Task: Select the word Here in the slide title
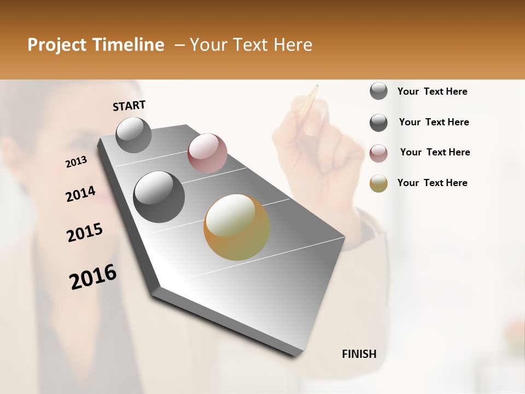(x=293, y=45)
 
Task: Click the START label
(x=129, y=106)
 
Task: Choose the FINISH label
(x=359, y=354)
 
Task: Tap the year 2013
(x=76, y=162)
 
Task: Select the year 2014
(x=80, y=194)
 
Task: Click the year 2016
(x=93, y=277)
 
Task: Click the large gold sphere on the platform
(x=237, y=227)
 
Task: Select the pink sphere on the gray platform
(x=207, y=153)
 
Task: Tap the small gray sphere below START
(x=134, y=135)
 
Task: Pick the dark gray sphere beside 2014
(x=159, y=196)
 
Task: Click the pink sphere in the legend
(x=378, y=153)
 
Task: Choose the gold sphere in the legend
(x=378, y=183)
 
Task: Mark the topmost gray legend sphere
(x=378, y=91)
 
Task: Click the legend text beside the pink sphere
(x=435, y=152)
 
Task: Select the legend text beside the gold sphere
(x=432, y=183)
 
